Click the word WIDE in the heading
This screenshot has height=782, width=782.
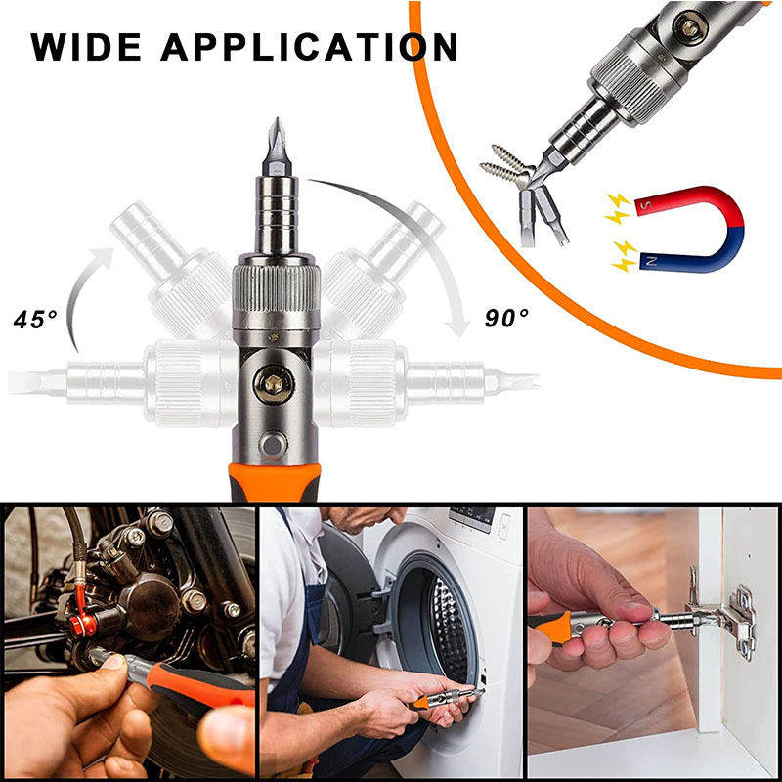86,47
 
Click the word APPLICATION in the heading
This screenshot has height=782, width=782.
309,47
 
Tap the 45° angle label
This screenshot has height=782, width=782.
35,320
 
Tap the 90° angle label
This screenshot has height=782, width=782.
506,318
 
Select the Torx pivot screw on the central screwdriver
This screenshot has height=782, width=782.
274,384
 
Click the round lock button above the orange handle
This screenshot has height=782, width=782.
273,444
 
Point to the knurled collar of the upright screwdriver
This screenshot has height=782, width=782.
277,289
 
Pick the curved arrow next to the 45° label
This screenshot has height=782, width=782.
85,294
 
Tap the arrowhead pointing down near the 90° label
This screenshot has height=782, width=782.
457,326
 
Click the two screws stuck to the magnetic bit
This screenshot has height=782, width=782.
506,164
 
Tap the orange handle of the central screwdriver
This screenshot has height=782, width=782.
275,482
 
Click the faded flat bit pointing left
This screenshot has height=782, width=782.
36,383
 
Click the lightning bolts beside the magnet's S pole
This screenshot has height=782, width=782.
619,208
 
